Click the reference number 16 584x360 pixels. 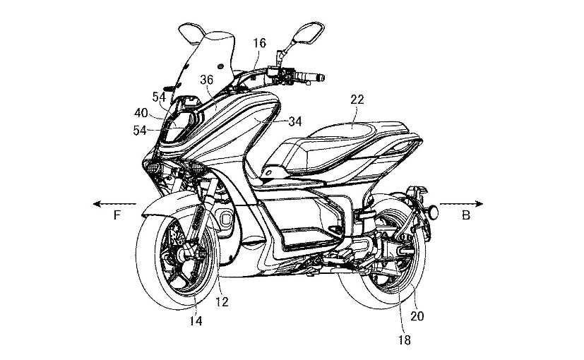259,43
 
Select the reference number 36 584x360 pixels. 206,79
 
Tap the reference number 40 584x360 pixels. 141,113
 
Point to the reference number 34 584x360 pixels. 294,122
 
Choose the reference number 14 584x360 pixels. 195,321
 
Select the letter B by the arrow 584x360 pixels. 465,215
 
